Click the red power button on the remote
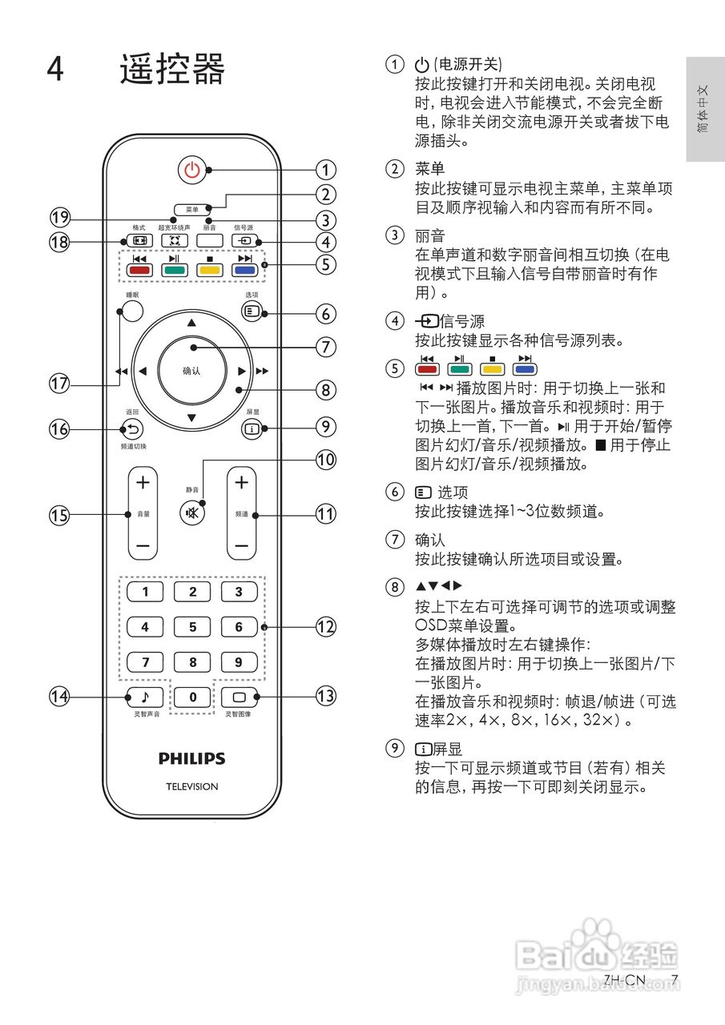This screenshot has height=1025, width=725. [191, 170]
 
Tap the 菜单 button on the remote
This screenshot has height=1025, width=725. [191, 209]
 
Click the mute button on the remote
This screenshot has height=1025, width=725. [192, 512]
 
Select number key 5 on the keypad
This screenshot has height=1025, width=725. [192, 627]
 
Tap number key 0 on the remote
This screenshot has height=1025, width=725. [192, 697]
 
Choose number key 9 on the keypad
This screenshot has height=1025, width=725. [239, 662]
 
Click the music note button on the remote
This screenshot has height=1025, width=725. [145, 697]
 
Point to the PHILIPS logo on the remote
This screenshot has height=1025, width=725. [191, 758]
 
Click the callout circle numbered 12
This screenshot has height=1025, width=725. [325, 627]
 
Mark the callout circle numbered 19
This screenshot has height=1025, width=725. [59, 218]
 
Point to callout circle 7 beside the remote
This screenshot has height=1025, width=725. [325, 347]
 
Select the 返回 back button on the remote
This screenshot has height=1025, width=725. [132, 428]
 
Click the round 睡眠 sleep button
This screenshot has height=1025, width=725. [133, 312]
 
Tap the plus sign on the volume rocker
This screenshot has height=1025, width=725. [143, 482]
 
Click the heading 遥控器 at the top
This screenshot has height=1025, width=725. [172, 70]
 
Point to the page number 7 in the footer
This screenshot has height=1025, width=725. [675, 979]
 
